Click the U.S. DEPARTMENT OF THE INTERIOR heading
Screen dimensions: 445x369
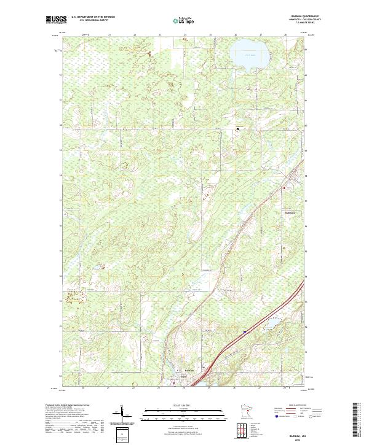(93, 17)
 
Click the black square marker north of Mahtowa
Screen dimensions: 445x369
(239, 129)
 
